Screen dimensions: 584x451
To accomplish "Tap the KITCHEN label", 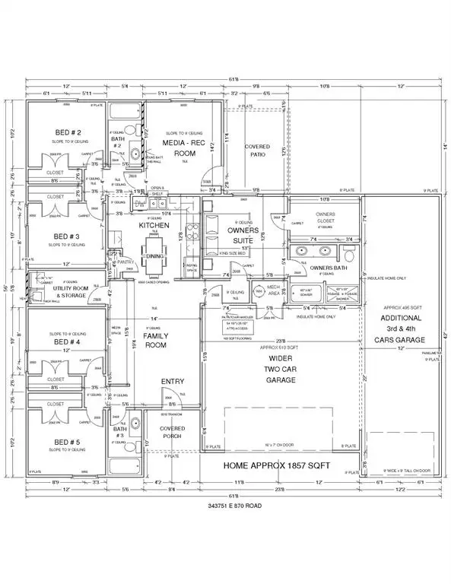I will [x=153, y=226].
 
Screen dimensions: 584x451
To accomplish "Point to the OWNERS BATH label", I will [x=329, y=267].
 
